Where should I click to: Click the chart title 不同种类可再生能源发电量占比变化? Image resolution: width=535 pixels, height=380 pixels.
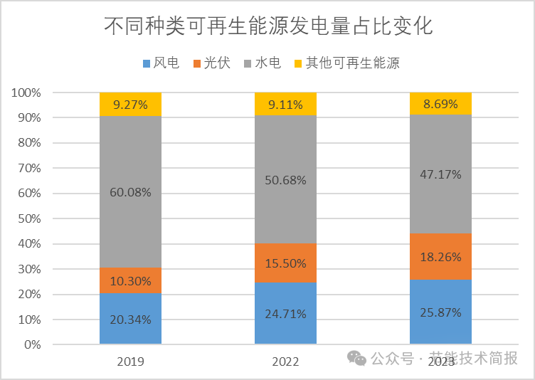click(x=268, y=26)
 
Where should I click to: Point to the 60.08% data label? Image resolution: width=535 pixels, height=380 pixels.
click(x=130, y=191)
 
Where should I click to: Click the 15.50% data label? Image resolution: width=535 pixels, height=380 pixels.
click(x=285, y=263)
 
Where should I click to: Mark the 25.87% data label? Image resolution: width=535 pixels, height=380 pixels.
click(x=440, y=312)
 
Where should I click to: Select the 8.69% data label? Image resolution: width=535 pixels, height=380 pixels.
click(x=440, y=105)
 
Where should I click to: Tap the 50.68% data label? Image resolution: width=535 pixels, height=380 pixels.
click(x=285, y=180)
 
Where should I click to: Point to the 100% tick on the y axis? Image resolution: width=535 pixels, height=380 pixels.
click(x=26, y=93)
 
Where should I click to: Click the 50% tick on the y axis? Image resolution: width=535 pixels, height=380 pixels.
click(x=28, y=218)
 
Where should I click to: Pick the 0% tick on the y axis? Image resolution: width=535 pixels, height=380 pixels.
click(x=31, y=344)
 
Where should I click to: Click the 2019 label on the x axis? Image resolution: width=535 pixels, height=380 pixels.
click(x=130, y=361)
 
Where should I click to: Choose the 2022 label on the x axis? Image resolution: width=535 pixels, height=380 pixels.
click(x=285, y=361)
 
